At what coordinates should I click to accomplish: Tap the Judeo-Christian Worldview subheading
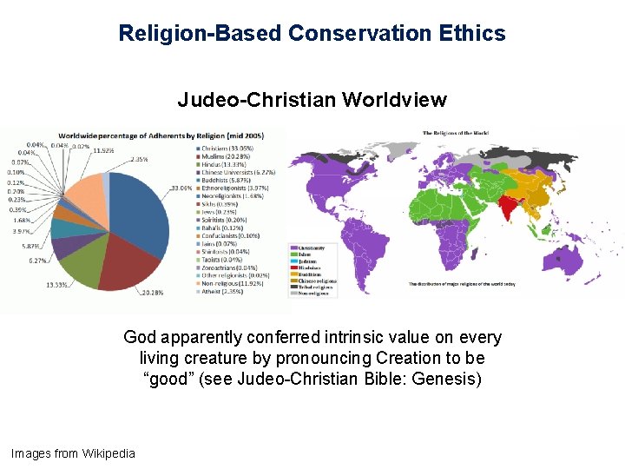tap(312, 100)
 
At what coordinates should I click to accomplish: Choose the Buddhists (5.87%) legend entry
tap(234, 181)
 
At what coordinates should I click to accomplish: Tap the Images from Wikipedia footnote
tap(73, 452)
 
